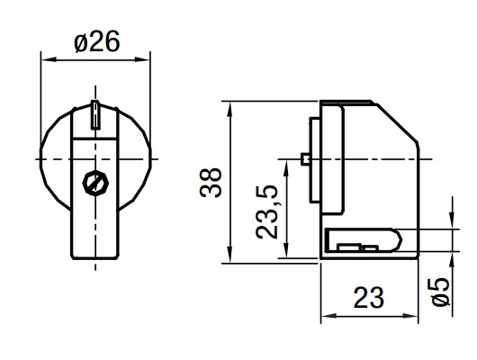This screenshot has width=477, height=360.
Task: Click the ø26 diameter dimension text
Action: (x=96, y=41)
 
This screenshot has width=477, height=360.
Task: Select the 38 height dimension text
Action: (x=211, y=184)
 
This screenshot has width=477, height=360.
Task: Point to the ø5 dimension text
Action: (x=440, y=291)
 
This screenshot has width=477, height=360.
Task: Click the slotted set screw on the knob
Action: (x=95, y=183)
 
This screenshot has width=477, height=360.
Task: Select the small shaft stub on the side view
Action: (x=305, y=159)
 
